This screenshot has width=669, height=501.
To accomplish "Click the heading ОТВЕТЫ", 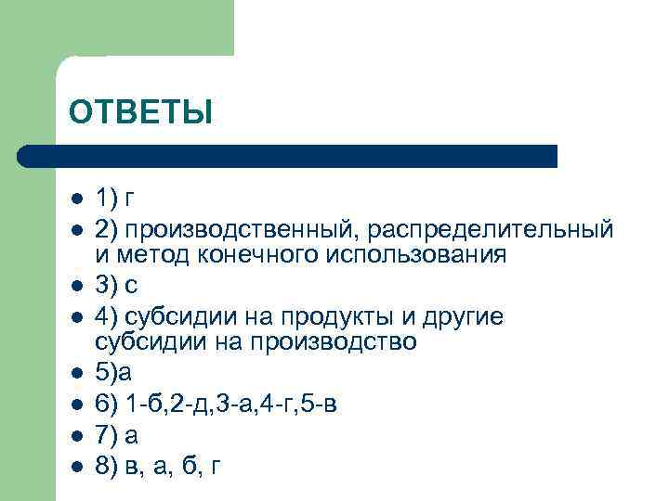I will coord(140,112).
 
